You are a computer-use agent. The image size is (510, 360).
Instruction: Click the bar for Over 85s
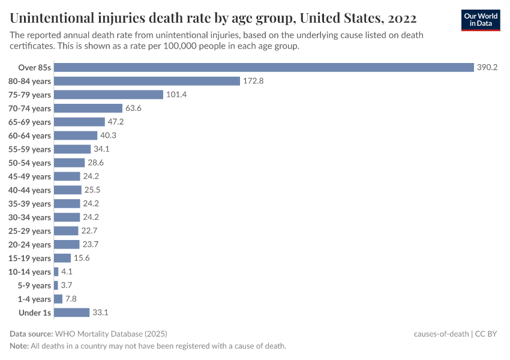(264, 67)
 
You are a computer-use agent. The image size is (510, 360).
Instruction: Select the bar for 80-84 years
(147, 81)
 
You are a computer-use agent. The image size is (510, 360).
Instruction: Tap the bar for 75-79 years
(109, 95)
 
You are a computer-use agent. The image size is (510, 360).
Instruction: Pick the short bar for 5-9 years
(56, 286)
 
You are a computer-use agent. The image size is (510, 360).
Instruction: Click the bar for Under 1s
(71, 313)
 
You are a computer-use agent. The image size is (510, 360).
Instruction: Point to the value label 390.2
(487, 67)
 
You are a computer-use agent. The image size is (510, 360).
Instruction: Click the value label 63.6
(134, 109)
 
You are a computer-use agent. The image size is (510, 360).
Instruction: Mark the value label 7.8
(71, 299)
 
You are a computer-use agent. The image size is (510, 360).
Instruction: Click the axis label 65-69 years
(29, 122)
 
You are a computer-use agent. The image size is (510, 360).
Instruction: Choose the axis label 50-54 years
(29, 163)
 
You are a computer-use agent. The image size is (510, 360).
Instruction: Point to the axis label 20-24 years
(29, 244)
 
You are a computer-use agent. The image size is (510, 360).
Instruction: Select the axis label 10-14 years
(29, 272)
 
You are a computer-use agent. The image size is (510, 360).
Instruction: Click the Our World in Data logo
(480, 19)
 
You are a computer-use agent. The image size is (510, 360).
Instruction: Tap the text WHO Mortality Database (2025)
(111, 334)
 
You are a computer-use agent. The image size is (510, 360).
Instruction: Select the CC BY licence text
(487, 334)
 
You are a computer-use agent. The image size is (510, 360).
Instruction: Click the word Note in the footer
(19, 346)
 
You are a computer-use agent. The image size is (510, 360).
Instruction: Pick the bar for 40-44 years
(67, 190)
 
